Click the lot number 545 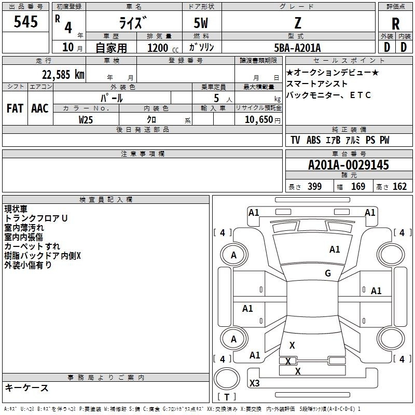[x=25, y=21]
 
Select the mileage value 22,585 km [x=63, y=75]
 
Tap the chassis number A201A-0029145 [x=349, y=165]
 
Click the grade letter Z [x=298, y=23]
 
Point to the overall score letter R [x=395, y=24]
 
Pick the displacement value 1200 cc [x=163, y=48]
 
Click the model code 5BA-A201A [x=297, y=48]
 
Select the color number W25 [x=86, y=120]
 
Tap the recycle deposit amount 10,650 [x=259, y=120]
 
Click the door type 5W [x=201, y=23]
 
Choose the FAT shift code [x=15, y=108]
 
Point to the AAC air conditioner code [x=40, y=108]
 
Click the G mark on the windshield [x=328, y=273]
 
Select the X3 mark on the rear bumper [x=255, y=383]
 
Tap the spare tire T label [x=227, y=397]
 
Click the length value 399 [x=315, y=187]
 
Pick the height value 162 [x=399, y=187]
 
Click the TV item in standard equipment [x=295, y=140]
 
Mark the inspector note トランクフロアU [x=36, y=218]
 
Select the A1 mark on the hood [x=335, y=250]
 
